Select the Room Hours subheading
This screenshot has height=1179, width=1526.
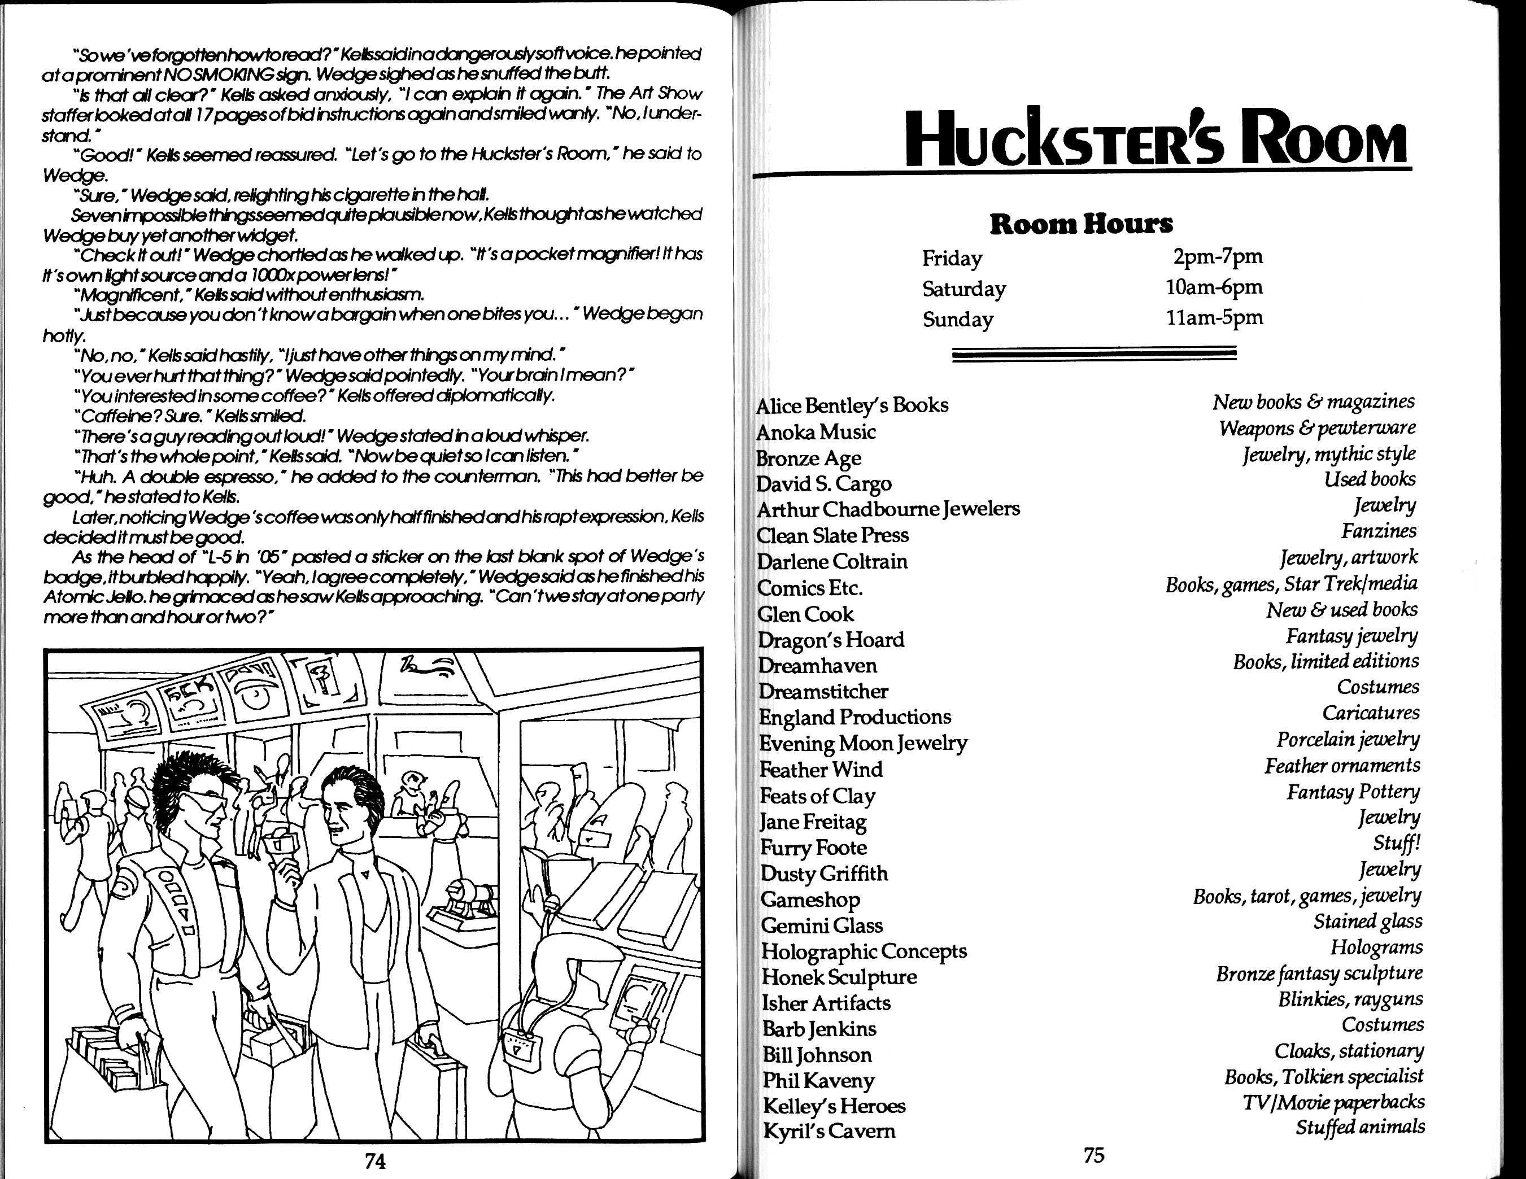point(1081,224)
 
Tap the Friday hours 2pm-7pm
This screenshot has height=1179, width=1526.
point(1217,256)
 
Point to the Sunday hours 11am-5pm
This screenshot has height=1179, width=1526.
point(1214,318)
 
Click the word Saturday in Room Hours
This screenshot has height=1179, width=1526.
point(963,289)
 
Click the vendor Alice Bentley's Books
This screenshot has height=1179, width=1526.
point(852,405)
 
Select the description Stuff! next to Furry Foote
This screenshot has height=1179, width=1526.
point(1396,843)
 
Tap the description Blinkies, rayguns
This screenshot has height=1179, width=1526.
point(1350,999)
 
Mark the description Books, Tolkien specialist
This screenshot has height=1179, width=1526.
point(1323,1076)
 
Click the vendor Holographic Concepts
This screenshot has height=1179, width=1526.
point(864,951)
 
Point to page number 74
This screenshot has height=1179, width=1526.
point(375,1160)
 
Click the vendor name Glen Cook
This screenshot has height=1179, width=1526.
point(805,614)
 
